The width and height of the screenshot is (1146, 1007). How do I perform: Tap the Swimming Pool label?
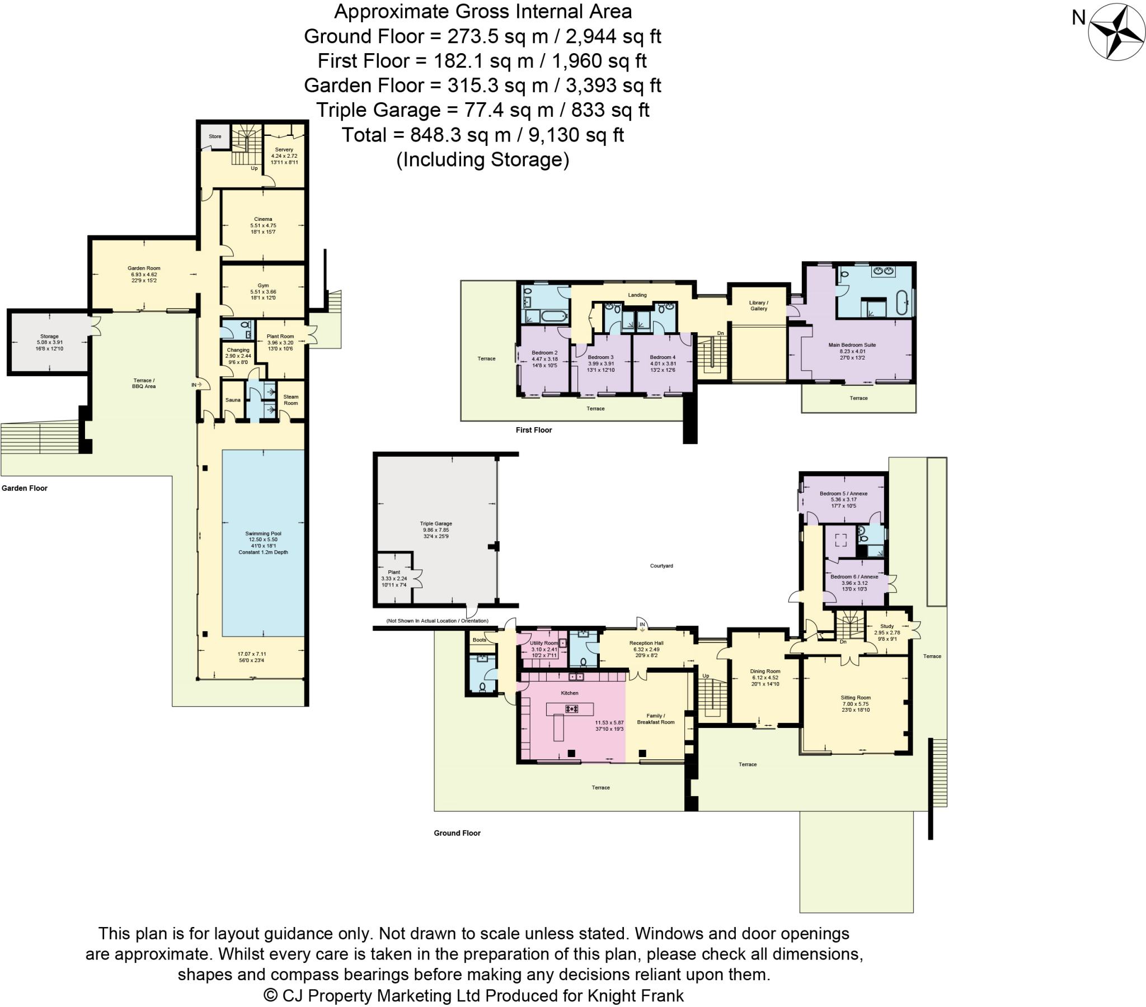[263, 533]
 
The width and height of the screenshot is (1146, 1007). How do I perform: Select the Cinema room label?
[263, 219]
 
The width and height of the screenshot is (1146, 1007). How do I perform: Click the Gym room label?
[263, 285]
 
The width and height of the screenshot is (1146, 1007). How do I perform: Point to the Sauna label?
[233, 400]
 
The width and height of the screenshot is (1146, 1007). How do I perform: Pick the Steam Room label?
[290, 400]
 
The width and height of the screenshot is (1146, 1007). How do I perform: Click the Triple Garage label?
[436, 523]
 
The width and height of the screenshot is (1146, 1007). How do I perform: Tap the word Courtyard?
[661, 566]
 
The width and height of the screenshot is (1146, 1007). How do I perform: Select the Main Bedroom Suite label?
[852, 345]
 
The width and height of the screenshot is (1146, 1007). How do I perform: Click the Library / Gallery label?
[759, 305]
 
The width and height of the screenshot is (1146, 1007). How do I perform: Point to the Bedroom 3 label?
[600, 357]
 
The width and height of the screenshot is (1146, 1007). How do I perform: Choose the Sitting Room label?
[856, 698]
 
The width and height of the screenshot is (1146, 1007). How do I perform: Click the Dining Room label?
[765, 672]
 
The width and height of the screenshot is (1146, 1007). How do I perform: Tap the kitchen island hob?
[572, 709]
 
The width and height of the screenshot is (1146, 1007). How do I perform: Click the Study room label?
[887, 626]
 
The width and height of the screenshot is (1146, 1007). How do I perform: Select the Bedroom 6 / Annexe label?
[854, 576]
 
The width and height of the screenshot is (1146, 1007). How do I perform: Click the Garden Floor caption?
[25, 488]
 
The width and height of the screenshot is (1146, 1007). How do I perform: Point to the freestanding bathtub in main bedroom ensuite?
[901, 302]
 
